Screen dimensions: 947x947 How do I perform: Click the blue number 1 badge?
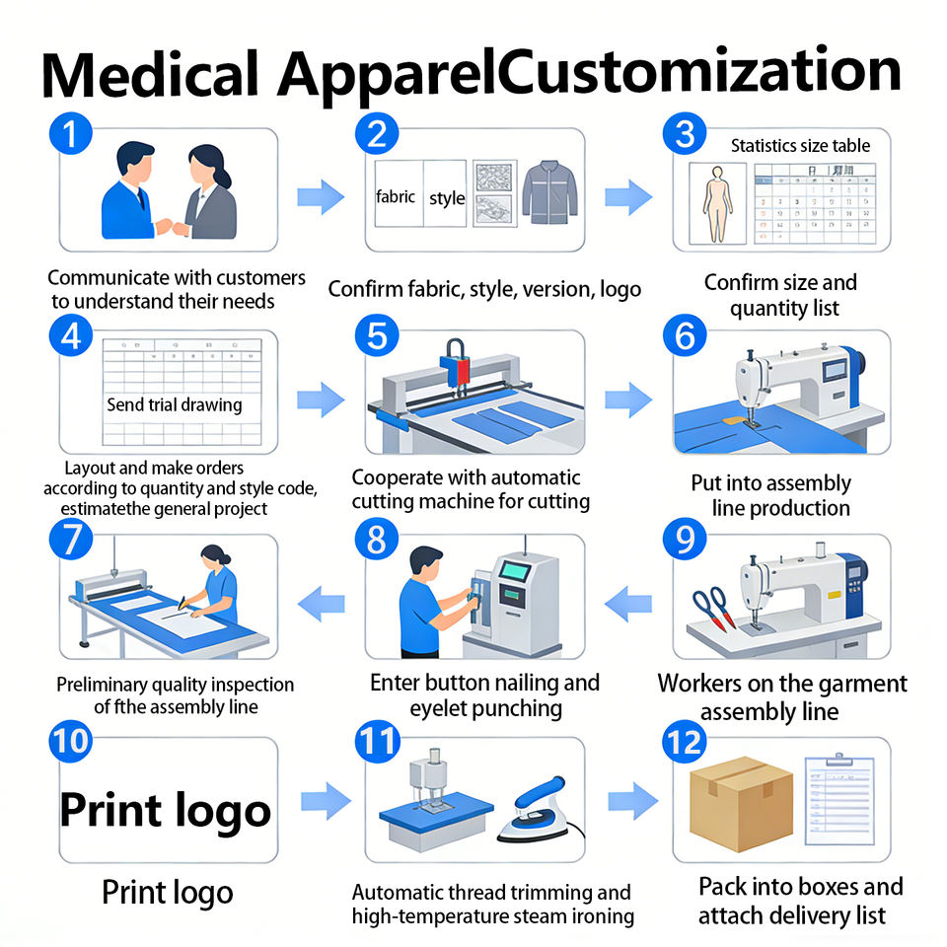(71, 133)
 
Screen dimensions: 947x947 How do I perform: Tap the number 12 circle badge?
(685, 742)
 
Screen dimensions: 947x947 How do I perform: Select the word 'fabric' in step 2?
(395, 197)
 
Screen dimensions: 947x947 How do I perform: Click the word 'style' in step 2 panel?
(447, 198)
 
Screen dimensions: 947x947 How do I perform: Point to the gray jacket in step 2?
(549, 192)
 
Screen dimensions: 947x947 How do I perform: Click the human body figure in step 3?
(717, 204)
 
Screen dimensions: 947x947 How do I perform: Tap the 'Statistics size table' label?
(800, 146)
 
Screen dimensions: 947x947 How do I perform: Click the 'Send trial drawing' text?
(175, 404)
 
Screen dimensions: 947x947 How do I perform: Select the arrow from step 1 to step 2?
(321, 197)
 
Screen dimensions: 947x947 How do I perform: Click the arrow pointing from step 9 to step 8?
(628, 604)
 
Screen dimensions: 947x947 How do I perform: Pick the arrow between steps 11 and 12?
(633, 801)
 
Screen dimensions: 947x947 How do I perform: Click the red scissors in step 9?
(714, 609)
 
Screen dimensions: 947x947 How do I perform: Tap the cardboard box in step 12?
(741, 804)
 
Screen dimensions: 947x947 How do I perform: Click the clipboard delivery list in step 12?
(839, 800)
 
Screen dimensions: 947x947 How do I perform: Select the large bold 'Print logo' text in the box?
(166, 811)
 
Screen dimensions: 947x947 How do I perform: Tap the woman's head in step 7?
(215, 556)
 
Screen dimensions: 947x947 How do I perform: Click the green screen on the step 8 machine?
(515, 571)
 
